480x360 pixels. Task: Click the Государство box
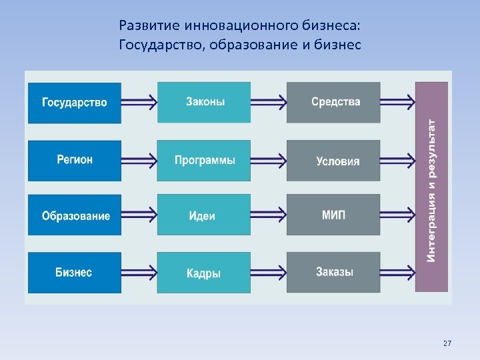coord(74,103)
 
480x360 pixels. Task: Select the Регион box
coord(74,161)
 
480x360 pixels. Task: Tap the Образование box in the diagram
coord(74,215)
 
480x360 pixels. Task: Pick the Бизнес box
coord(74,273)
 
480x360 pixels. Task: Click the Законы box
coord(204,102)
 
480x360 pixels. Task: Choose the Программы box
coord(204,161)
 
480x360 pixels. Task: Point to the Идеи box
coord(204,215)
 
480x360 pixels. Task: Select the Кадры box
coord(204,273)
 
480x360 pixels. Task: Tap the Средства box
coord(333,103)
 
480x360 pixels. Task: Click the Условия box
coord(333,161)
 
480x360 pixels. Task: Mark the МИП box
coord(333,215)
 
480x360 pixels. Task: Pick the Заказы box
coord(333,273)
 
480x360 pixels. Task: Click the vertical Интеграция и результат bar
coord(431,187)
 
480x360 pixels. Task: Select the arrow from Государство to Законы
coord(139,103)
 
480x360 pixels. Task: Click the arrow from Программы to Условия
coord(269,161)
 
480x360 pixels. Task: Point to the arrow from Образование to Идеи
coord(139,215)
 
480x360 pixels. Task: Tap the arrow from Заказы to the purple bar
coord(397,273)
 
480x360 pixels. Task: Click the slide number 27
coord(447,343)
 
